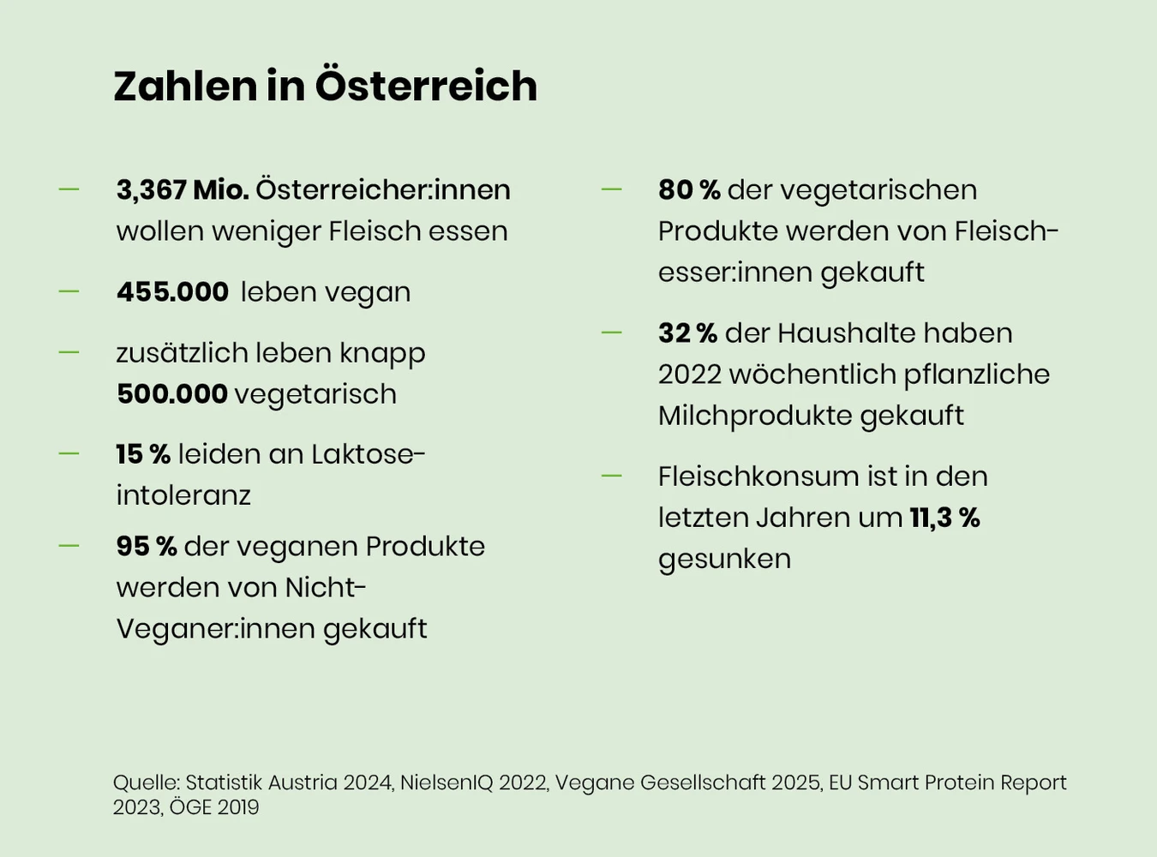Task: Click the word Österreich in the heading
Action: point(426,85)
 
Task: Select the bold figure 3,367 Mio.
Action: point(183,190)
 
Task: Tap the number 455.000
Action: point(172,291)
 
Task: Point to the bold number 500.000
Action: point(172,394)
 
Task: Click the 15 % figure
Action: point(143,454)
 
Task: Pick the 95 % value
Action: point(147,547)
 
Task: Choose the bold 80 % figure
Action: point(689,190)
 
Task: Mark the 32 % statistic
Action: point(687,333)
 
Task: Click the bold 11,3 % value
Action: point(945,518)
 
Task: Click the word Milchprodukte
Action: point(754,417)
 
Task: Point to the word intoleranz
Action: point(183,495)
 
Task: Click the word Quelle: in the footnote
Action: point(147,782)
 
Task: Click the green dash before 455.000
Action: point(69,291)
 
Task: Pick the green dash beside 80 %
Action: point(611,189)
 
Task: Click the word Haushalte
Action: point(846,333)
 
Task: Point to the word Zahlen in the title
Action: point(186,85)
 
